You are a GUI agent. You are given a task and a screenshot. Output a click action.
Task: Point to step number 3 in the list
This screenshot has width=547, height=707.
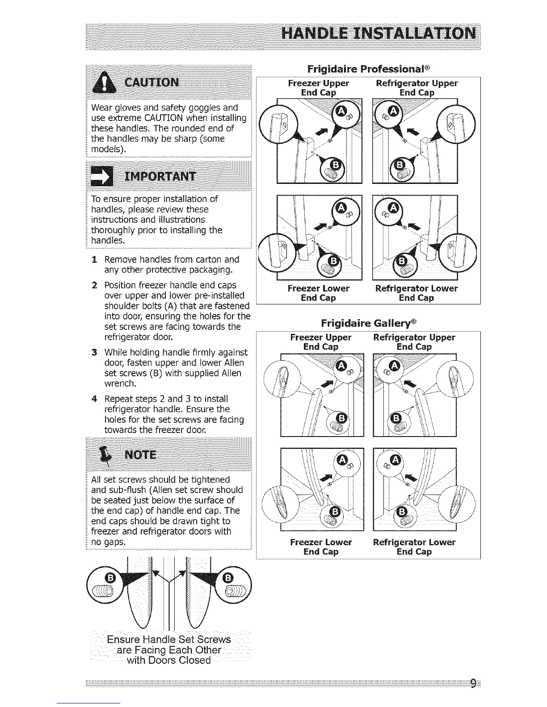[x=94, y=353]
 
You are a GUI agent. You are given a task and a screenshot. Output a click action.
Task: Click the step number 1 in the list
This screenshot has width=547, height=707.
[x=94, y=259]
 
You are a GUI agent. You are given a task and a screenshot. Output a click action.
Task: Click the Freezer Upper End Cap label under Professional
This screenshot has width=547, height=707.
[x=318, y=88]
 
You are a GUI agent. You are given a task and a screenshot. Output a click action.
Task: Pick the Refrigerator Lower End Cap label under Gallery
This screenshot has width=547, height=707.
[x=414, y=547]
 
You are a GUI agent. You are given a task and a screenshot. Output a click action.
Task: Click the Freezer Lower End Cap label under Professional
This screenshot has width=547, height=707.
[x=318, y=293]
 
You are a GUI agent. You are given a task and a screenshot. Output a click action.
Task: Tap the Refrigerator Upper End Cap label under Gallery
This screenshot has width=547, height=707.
[x=414, y=342]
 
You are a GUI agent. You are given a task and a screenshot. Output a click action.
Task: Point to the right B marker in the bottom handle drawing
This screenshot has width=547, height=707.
[x=227, y=578]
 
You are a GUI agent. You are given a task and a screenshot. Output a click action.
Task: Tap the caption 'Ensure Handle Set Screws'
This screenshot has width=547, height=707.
[x=169, y=640]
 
